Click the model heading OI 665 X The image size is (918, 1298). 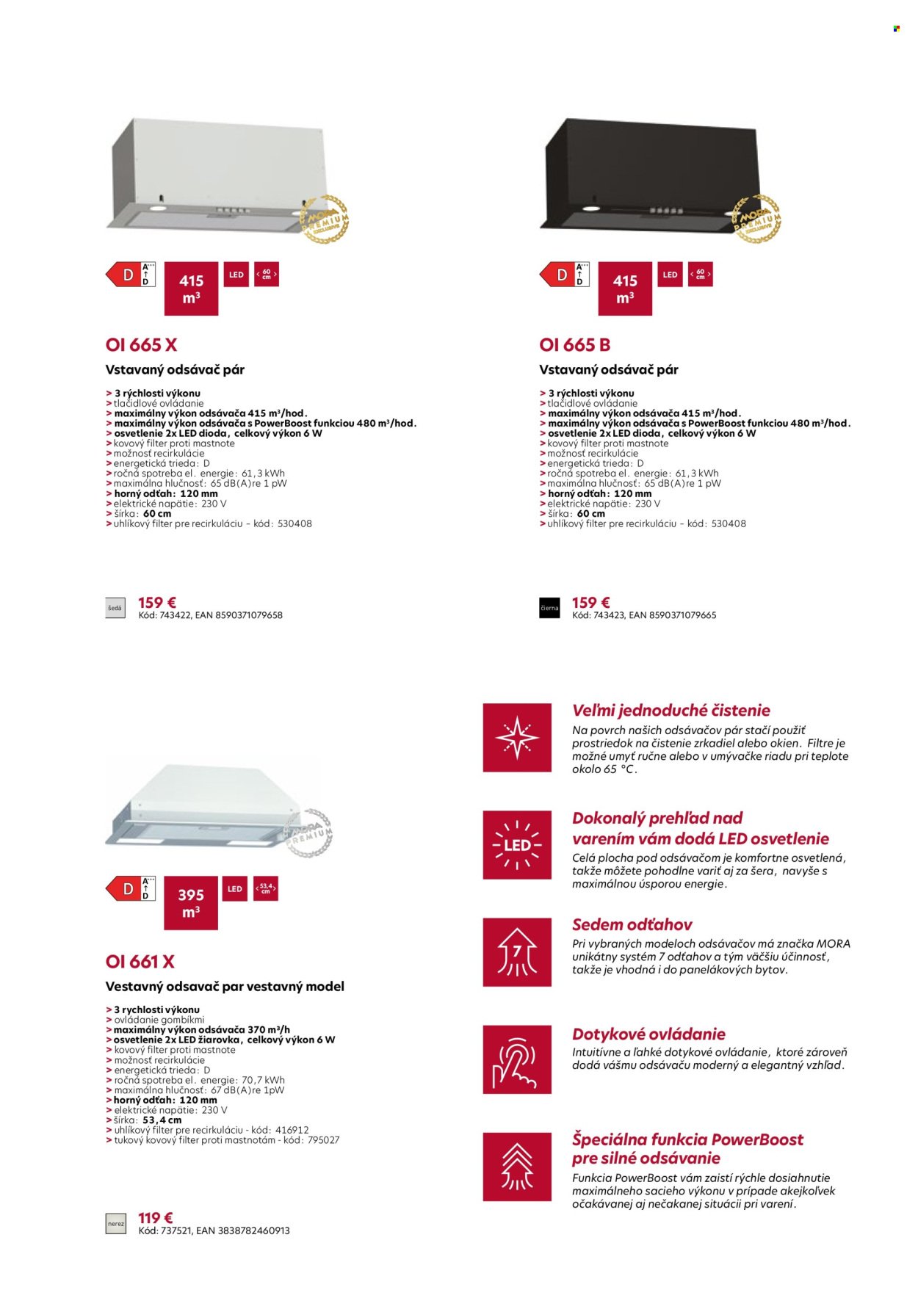[x=142, y=345]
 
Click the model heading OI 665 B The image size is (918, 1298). [x=575, y=345]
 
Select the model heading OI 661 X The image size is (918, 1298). [x=140, y=962]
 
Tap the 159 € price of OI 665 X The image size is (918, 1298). [x=157, y=603]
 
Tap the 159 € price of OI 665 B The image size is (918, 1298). [x=591, y=603]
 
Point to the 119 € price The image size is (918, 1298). [x=156, y=1218]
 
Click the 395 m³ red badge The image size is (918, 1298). [x=191, y=903]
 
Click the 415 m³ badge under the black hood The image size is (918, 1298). [x=625, y=289]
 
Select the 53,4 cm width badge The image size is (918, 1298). [x=265, y=888]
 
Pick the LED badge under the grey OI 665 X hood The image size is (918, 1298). [x=236, y=275]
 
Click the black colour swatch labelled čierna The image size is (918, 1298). [x=549, y=609]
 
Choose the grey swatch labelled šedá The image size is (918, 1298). [x=115, y=609]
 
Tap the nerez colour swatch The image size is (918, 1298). [x=116, y=1224]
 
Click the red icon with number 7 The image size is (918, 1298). [x=517, y=951]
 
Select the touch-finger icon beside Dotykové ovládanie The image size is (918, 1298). [x=517, y=1059]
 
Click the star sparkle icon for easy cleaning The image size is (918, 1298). [x=517, y=737]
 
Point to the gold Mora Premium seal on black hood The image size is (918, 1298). [x=757, y=218]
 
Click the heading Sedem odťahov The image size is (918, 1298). [x=632, y=924]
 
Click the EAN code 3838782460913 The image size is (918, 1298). [x=254, y=1230]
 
